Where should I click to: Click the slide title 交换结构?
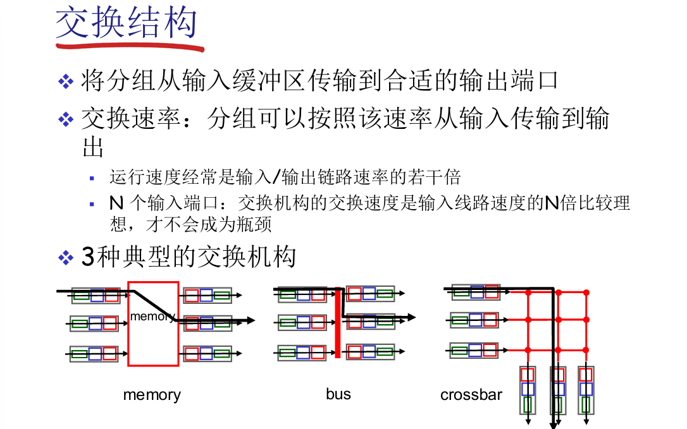127,23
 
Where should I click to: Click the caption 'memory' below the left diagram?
152,396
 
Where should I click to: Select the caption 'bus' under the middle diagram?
338,394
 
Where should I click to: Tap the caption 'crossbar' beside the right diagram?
471,396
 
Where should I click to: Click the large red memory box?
153,341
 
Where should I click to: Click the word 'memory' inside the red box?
152,316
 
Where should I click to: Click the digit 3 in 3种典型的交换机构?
88,257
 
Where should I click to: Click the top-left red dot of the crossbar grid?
528,293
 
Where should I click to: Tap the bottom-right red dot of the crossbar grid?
586,350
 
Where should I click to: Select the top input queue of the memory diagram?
95,295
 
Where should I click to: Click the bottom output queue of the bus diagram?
370,352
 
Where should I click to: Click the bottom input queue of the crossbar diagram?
475,350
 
